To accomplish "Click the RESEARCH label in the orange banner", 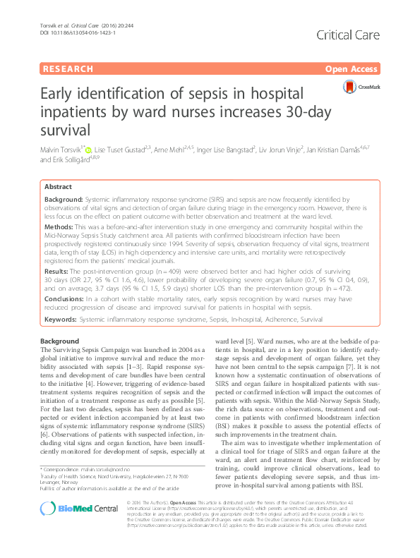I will coord(68,69).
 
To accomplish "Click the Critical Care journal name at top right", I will coord(349,35).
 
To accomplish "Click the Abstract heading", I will coord(58,187).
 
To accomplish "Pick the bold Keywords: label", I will coord(61,319).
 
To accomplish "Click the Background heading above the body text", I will coord(60,341).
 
